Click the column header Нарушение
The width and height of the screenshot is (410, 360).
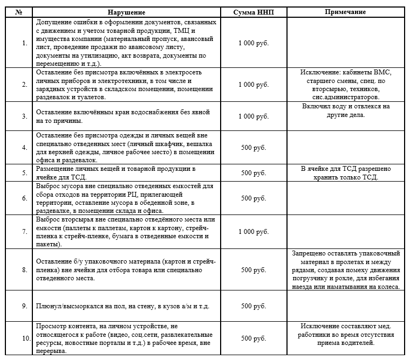pyautogui.click(x=126, y=12)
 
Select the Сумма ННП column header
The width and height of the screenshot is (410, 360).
pyautogui.click(x=253, y=12)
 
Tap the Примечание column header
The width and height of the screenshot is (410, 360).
pyautogui.click(x=346, y=12)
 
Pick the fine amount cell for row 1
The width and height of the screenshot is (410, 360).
pyautogui.click(x=253, y=43)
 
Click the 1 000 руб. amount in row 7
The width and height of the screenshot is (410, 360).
pyautogui.click(x=253, y=231)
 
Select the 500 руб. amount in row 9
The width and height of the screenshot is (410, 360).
pyautogui.click(x=253, y=306)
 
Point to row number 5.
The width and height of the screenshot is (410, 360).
pyautogui.click(x=24, y=173)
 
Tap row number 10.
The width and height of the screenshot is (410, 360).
pyautogui.click(x=25, y=338)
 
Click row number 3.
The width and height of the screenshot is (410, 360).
pyautogui.click(x=24, y=116)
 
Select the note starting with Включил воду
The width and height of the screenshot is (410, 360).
pyautogui.click(x=346, y=110)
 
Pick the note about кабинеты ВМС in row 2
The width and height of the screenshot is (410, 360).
pyautogui.click(x=346, y=85)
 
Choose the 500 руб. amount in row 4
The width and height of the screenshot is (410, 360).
pyautogui.click(x=253, y=147)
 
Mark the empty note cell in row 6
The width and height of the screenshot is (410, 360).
pyautogui.click(x=346, y=198)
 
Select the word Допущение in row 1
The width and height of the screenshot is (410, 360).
pyautogui.click(x=54, y=23)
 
